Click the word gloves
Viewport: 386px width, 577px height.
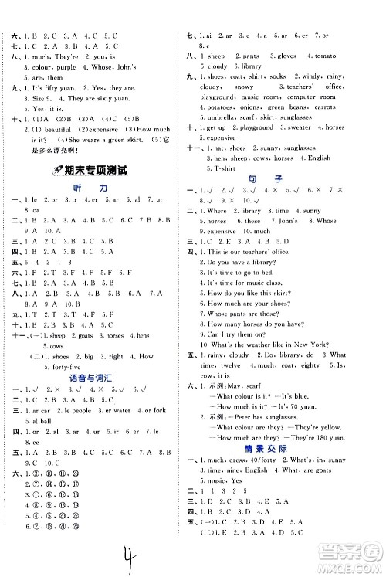286,56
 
